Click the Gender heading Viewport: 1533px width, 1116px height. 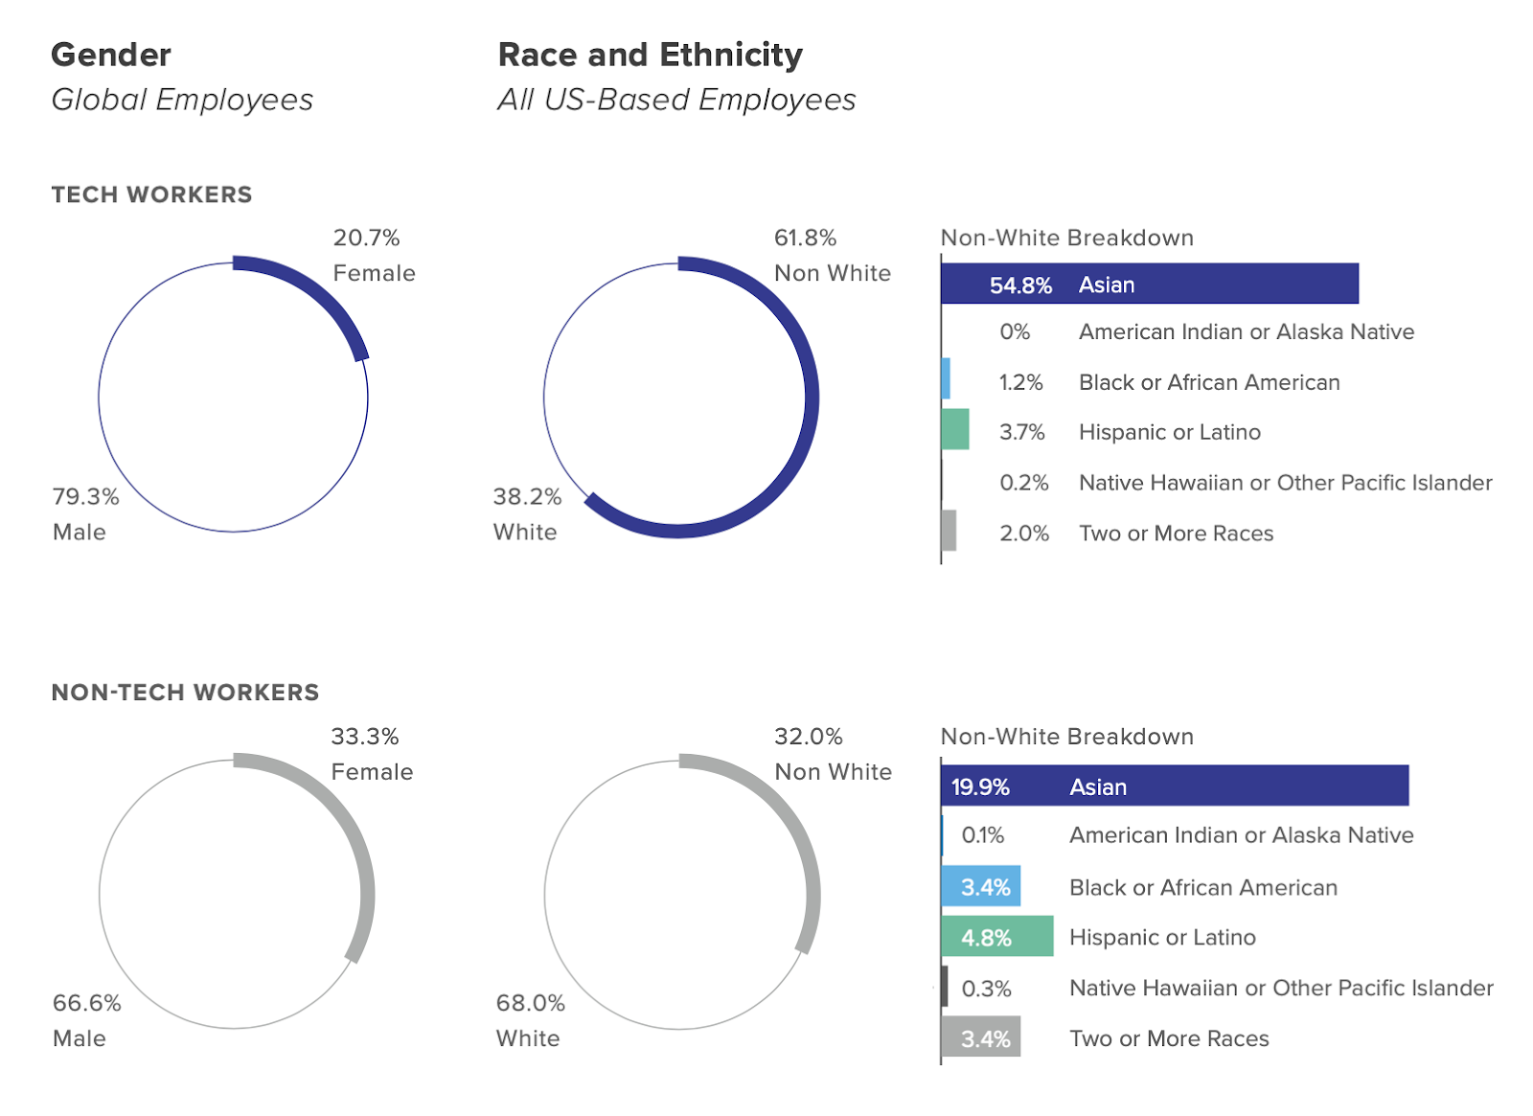coord(111,55)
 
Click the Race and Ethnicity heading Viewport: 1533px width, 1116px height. coord(650,55)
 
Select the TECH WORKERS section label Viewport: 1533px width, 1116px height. coord(151,194)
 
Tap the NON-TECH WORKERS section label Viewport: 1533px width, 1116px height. coord(185,693)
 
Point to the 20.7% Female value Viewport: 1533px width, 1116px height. coord(367,238)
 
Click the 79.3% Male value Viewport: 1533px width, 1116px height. coord(86,496)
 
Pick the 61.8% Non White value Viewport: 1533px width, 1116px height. coord(806,238)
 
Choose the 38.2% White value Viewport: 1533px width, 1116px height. coord(527,496)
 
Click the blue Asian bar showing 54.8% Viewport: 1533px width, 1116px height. coord(1149,284)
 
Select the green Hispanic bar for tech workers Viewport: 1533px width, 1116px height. coord(955,429)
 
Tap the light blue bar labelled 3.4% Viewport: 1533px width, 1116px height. coord(981,886)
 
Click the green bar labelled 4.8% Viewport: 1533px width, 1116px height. coord(996,936)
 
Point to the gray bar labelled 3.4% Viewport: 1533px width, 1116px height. coord(981,1037)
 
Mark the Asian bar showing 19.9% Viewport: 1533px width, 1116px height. coord(1175,786)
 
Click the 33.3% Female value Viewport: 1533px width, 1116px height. coord(365,737)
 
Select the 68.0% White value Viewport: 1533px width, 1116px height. coord(531,1003)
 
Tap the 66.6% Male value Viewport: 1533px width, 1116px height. coord(87,1003)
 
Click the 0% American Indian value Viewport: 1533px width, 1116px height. coord(1015,331)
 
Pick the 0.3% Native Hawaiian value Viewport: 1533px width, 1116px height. coord(987,989)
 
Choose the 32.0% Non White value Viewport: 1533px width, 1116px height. coord(809,737)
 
